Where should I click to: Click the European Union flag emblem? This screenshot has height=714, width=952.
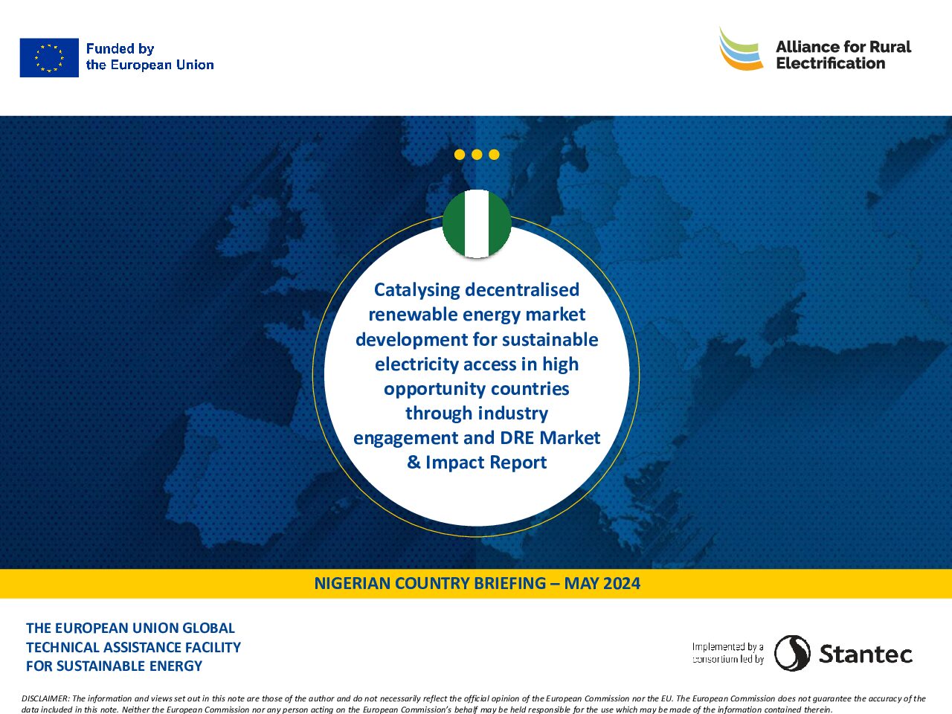coord(49,58)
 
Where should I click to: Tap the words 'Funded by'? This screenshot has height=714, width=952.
coord(120,48)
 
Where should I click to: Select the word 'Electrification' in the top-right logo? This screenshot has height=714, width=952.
coord(831,63)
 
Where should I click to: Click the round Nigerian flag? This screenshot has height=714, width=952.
coord(477,223)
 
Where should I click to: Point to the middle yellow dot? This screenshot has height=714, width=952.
coord(477,155)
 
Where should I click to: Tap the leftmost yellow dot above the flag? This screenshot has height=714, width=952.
coord(460,155)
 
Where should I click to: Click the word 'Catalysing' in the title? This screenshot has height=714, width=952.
coord(416,290)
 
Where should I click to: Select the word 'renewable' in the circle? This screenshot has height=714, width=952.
coord(413,315)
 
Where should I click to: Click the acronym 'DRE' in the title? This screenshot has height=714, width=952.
coord(517,437)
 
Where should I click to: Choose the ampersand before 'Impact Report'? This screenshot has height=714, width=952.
coord(414,462)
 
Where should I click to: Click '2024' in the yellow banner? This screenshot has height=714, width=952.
coord(622,584)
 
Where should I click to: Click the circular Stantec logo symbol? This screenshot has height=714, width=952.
coord(792,653)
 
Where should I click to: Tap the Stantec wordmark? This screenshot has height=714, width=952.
coord(865,654)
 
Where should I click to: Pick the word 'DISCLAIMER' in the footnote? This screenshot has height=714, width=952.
coord(45,698)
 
